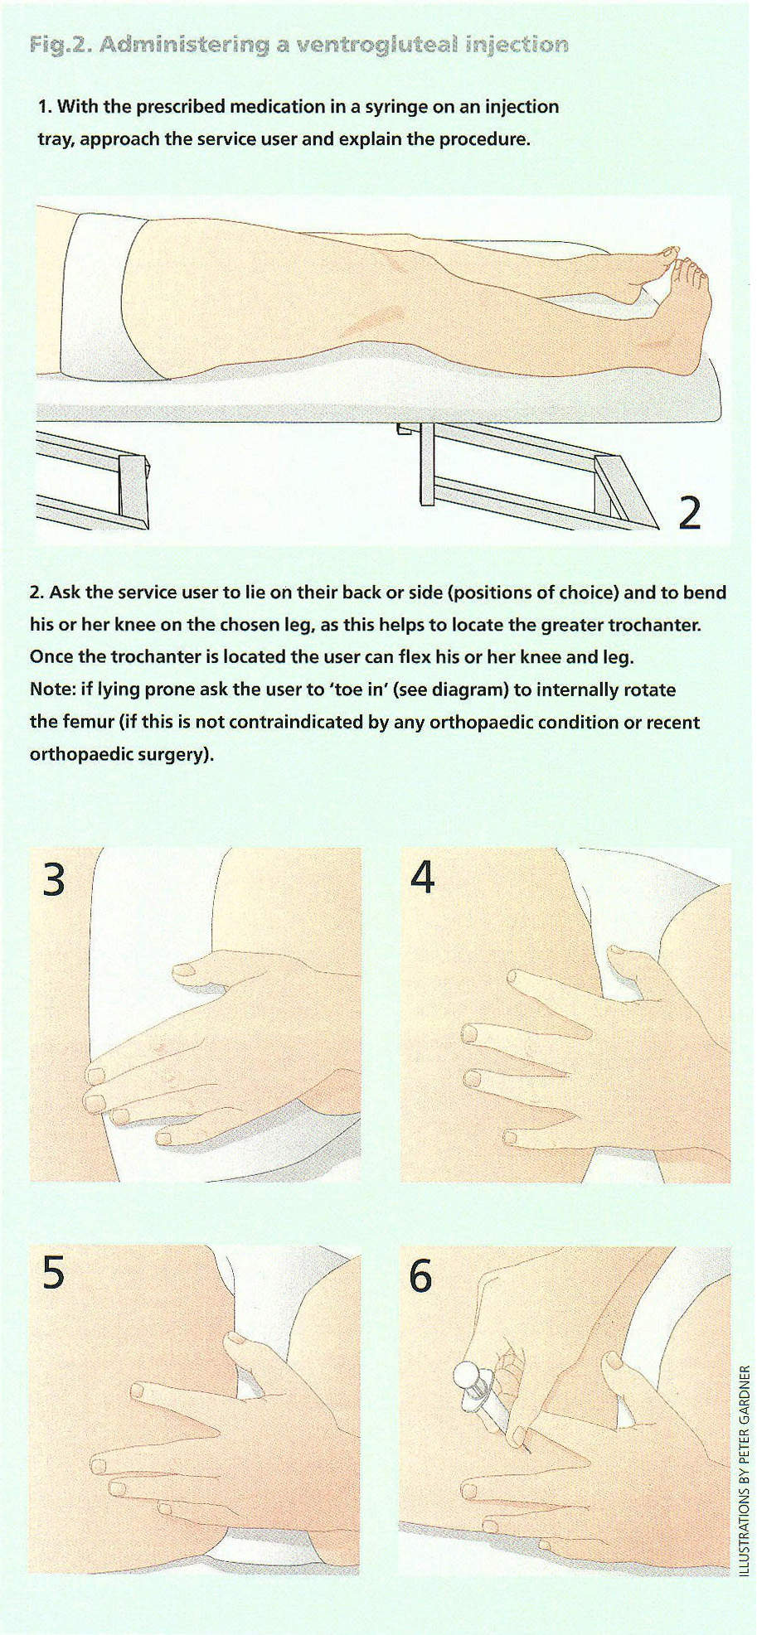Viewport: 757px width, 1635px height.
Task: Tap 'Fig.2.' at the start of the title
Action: (60, 45)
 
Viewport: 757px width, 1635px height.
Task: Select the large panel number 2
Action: (690, 512)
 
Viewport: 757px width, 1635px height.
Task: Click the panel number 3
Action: (54, 879)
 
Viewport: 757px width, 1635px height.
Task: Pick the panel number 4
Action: (423, 878)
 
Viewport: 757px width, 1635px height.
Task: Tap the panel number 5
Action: (53, 1272)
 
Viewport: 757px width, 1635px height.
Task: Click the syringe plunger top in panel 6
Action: (465, 1376)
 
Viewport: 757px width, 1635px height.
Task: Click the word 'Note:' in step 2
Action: (52, 690)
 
